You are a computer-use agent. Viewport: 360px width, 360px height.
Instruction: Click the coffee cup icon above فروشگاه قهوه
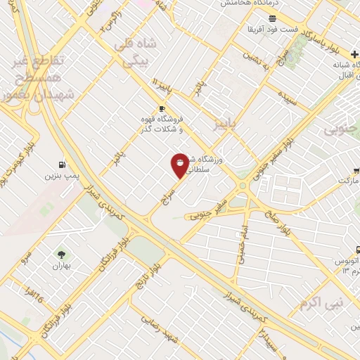coord(162,108)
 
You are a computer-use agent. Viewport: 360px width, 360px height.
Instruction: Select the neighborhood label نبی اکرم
coord(314,304)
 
